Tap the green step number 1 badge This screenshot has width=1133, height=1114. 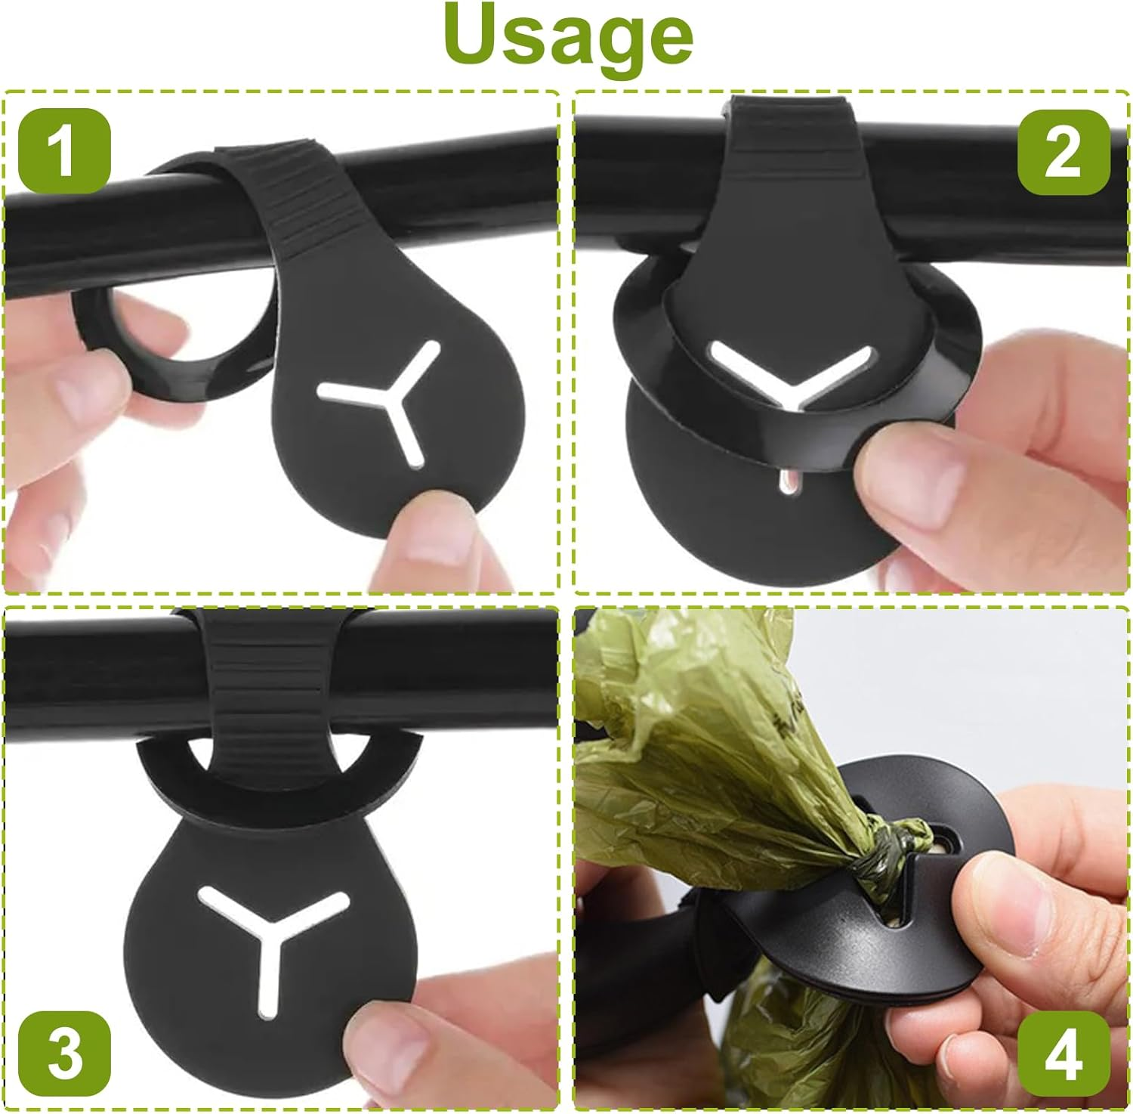pyautogui.click(x=64, y=150)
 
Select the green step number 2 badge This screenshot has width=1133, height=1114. pyautogui.click(x=1064, y=152)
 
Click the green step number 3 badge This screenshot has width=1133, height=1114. pyautogui.click(x=64, y=1054)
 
